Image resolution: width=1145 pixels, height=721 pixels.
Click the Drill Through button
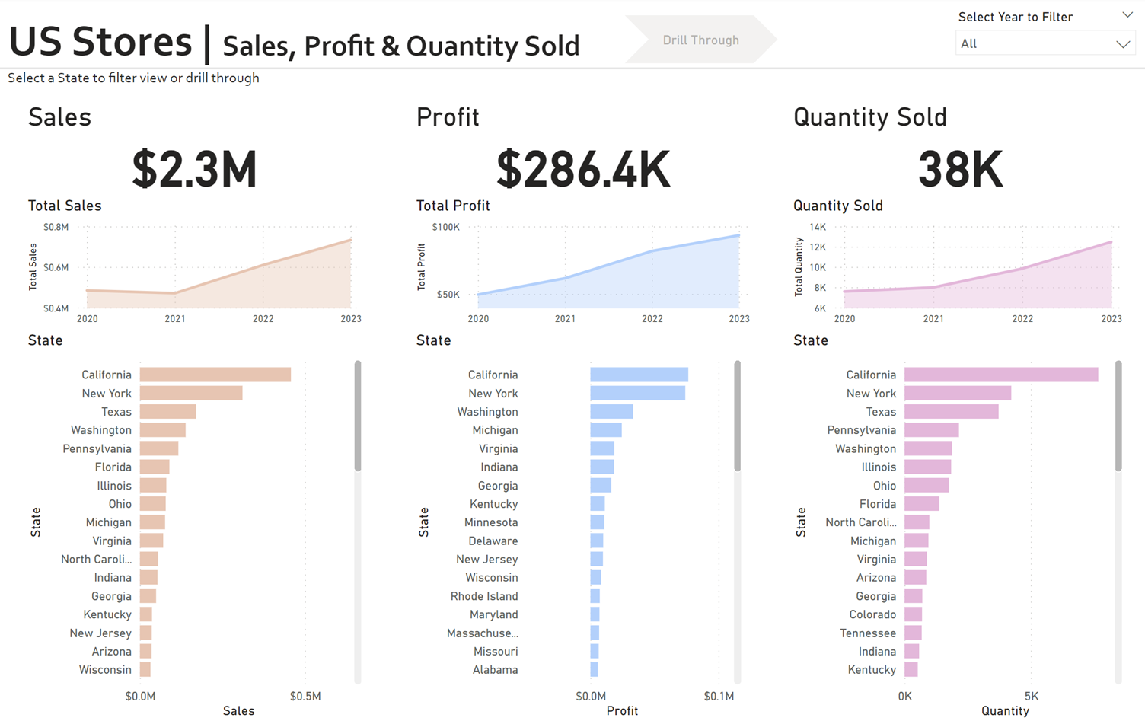pyautogui.click(x=700, y=40)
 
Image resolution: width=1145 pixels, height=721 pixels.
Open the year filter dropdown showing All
pyautogui.click(x=1045, y=44)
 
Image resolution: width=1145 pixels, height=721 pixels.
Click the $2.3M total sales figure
pyautogui.click(x=194, y=169)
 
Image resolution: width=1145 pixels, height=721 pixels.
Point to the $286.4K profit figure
pyautogui.click(x=583, y=169)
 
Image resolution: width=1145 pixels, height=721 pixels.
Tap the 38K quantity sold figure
pyautogui.click(x=960, y=169)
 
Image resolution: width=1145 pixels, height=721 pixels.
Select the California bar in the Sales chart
pyautogui.click(x=215, y=375)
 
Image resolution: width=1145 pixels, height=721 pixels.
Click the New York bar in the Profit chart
pyautogui.click(x=637, y=394)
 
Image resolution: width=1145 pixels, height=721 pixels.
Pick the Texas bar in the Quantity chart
pyautogui.click(x=951, y=412)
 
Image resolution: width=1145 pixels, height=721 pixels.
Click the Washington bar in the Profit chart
pyautogui.click(x=611, y=412)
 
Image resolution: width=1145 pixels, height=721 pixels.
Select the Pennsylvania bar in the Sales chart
pyautogui.click(x=158, y=449)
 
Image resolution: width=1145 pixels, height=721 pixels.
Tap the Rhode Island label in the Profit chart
pyautogui.click(x=484, y=596)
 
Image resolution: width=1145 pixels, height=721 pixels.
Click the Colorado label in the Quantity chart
pyautogui.click(x=872, y=614)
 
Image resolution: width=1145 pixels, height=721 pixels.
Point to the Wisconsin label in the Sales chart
pyautogui.click(x=105, y=670)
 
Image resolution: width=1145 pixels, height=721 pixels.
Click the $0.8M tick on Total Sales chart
pyautogui.click(x=56, y=227)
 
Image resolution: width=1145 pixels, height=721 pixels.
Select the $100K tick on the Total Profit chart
pyautogui.click(x=445, y=227)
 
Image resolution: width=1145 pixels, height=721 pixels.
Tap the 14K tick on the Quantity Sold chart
pyautogui.click(x=818, y=227)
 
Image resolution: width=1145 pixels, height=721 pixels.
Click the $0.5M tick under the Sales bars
pyautogui.click(x=305, y=696)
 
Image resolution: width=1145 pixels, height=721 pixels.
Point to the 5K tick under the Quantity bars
pyautogui.click(x=1031, y=696)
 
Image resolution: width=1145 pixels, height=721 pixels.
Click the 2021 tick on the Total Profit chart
pyautogui.click(x=565, y=319)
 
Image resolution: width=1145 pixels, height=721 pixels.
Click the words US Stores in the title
pyautogui.click(x=100, y=42)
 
